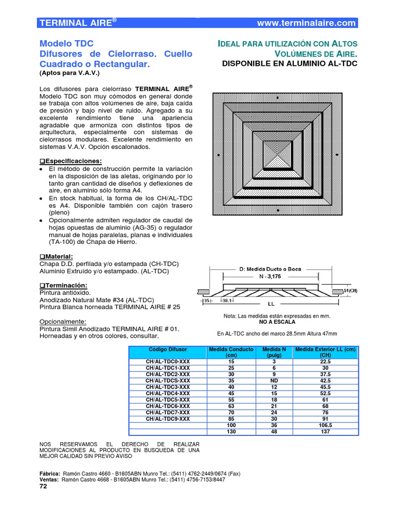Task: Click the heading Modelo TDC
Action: [66, 43]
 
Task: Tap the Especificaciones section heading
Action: [73, 161]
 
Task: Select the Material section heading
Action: [58, 256]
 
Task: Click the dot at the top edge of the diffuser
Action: [278, 97]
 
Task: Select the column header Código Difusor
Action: [167, 349]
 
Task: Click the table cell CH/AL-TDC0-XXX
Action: [167, 362]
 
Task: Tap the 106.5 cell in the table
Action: [325, 426]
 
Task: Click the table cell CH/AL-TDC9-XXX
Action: [167, 419]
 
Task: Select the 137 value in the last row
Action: [325, 432]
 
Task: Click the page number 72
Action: [43, 487]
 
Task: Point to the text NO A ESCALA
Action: [277, 322]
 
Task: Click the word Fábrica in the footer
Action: [49, 473]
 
